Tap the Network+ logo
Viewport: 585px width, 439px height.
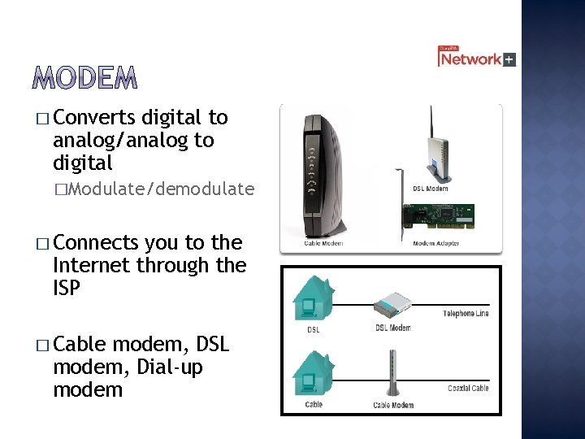tap(476, 58)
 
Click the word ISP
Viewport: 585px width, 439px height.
tap(67, 287)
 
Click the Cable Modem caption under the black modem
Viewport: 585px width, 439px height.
tap(323, 243)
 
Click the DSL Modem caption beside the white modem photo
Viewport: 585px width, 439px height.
tap(430, 189)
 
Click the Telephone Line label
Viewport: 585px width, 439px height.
tap(466, 314)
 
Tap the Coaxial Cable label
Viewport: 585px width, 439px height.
tap(468, 389)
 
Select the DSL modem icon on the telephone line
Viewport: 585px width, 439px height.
tap(394, 305)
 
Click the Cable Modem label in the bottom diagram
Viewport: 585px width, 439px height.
tap(393, 405)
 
